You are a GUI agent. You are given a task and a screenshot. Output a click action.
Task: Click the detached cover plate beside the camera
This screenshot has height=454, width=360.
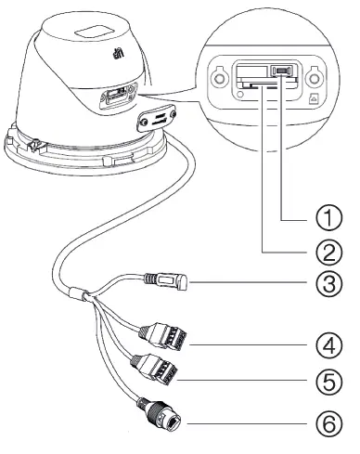coord(158,118)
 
